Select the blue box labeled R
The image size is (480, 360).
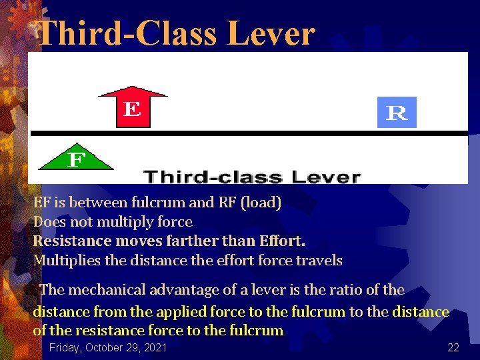tap(397, 113)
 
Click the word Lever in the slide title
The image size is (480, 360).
tap(271, 33)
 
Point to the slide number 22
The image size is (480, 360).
tap(453, 347)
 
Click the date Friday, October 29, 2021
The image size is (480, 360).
tap(108, 347)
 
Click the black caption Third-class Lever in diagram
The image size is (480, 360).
tap(252, 177)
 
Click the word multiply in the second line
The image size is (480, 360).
tap(117, 222)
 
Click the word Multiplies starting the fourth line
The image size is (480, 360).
tap(67, 261)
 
